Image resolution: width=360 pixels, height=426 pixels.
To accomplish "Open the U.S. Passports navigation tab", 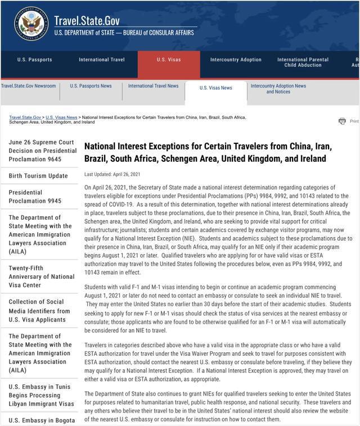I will [x=34, y=60].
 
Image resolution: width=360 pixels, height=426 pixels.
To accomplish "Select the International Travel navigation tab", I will [x=102, y=60].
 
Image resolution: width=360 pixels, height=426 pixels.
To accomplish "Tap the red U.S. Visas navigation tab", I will [x=168, y=60].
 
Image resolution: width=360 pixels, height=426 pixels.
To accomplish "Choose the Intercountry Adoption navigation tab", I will [x=236, y=60].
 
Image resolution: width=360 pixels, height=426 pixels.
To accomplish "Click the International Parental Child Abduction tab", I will [x=303, y=62].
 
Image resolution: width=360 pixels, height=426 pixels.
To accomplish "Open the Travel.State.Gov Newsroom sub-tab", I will [x=28, y=86].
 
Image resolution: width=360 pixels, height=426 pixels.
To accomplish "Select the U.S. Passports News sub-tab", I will [x=91, y=86].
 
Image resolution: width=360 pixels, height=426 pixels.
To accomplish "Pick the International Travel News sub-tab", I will [x=153, y=86].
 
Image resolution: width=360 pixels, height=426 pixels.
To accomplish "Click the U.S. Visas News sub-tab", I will [x=215, y=88].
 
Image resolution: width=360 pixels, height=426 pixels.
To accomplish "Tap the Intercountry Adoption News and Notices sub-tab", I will [x=278, y=89].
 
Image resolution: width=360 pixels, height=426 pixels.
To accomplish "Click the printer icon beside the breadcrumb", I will [x=342, y=121].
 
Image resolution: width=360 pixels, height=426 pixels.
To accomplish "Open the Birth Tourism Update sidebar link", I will [x=38, y=176].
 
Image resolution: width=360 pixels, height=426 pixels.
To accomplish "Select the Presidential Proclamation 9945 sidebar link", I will [x=35, y=197].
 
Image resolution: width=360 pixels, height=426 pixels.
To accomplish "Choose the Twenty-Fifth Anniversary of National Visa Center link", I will [x=41, y=277].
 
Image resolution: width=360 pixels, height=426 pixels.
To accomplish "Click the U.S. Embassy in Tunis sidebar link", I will [x=41, y=396].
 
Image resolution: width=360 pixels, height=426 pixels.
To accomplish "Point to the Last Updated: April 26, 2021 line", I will [x=112, y=174].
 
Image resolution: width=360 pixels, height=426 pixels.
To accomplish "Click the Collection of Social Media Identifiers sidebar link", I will [x=39, y=311].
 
